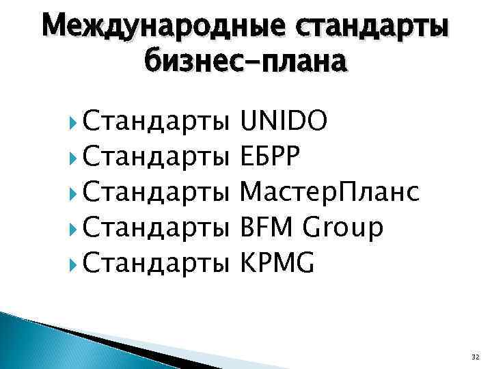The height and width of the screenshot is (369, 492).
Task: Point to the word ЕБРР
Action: pyautogui.click(x=271, y=159)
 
